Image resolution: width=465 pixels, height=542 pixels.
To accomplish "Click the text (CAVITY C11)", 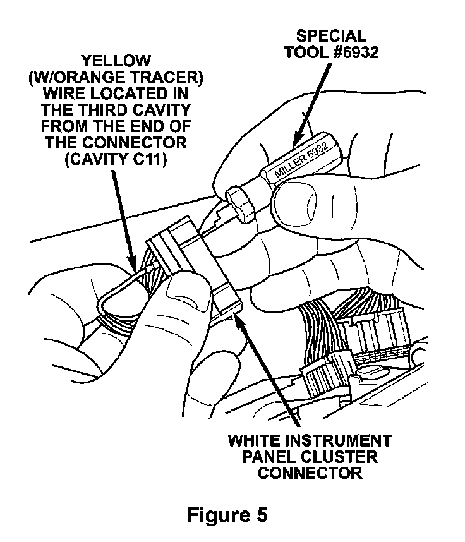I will click(114, 160).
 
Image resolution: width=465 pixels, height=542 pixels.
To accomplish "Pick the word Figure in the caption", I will click(217, 515).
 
